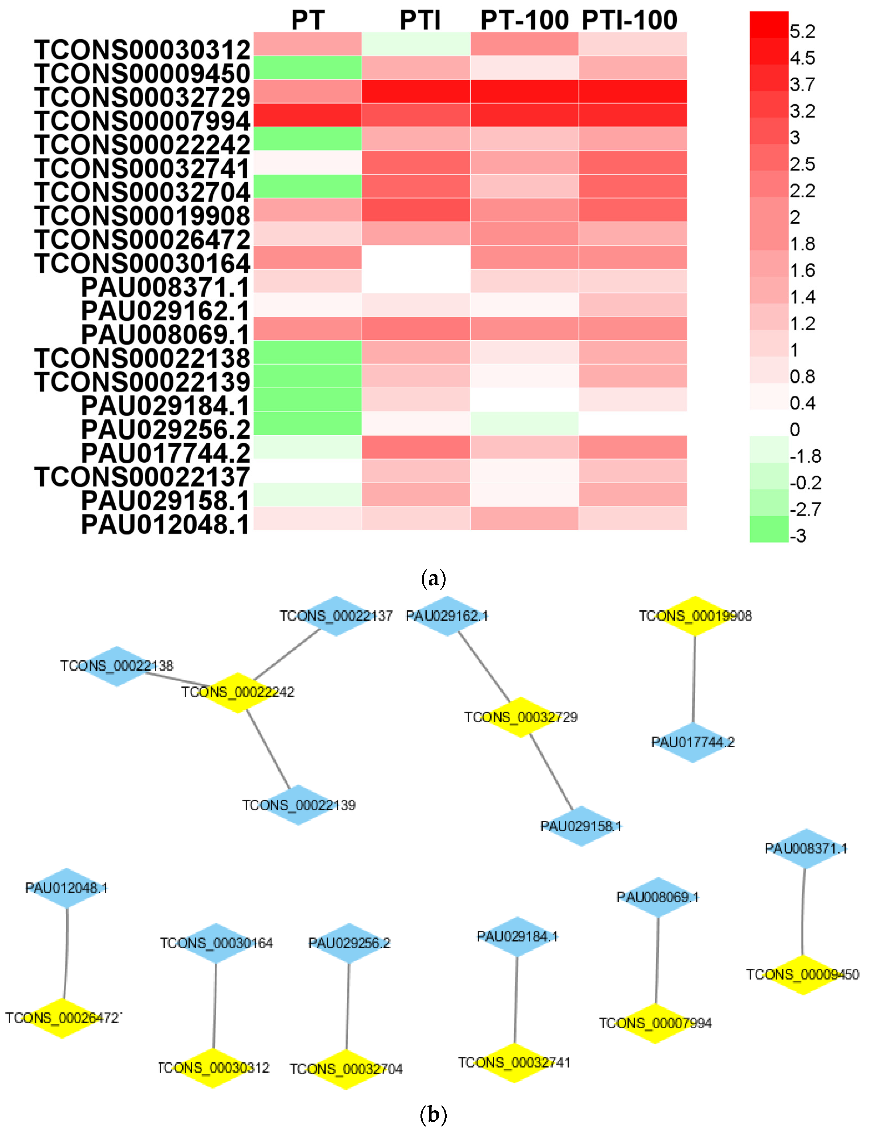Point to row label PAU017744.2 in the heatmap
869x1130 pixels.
166,453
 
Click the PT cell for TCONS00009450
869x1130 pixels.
307,68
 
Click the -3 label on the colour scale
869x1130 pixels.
798,536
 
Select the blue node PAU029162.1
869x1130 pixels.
447,616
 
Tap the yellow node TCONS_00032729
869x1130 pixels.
520,717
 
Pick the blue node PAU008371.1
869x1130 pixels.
805,849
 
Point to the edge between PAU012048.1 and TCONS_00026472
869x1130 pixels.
66,953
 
